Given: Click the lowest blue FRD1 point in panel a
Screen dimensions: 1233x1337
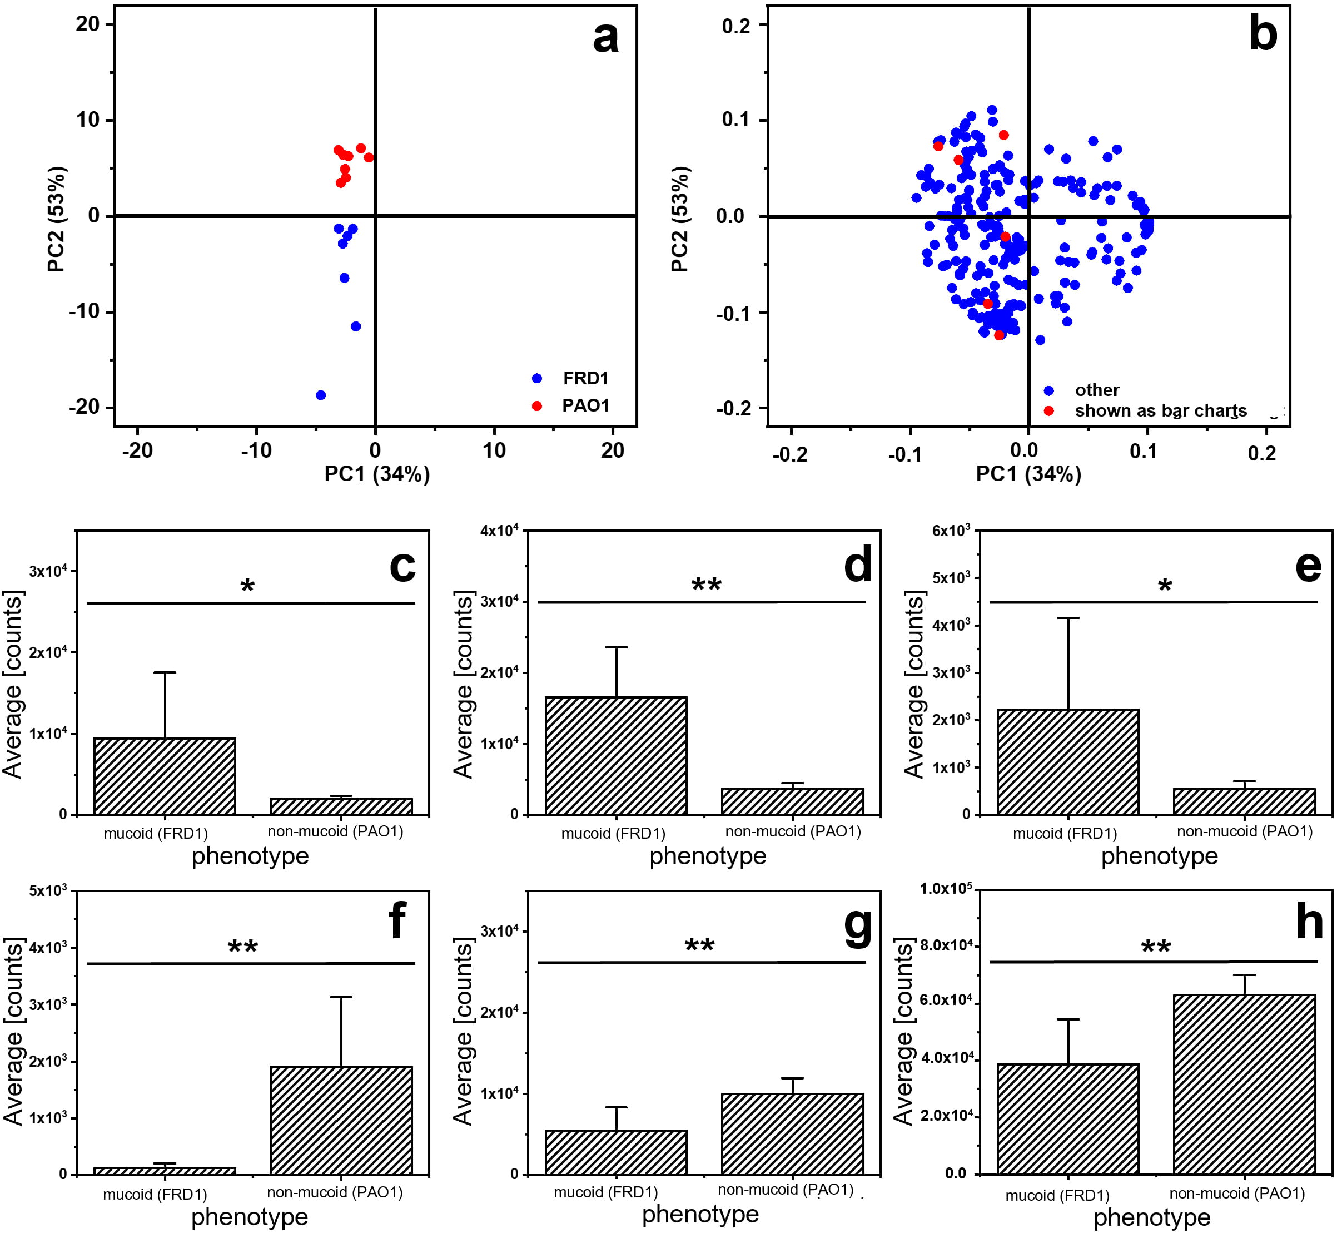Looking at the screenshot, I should coord(321,395).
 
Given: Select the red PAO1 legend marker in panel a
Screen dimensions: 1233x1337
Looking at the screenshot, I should coord(537,405).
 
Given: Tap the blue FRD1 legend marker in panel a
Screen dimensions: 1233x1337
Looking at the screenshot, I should coord(537,378).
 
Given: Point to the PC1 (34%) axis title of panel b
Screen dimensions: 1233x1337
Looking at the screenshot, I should coord(1028,474).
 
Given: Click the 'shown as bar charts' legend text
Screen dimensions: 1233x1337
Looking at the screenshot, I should coord(1160,411).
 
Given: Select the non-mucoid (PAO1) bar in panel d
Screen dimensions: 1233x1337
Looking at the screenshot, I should coord(792,801).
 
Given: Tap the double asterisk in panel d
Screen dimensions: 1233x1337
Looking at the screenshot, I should coord(706,586).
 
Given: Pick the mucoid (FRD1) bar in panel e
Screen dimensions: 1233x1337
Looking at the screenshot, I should coord(1067,762).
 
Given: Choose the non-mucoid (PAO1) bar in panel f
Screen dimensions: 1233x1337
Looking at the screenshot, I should coord(341,1120).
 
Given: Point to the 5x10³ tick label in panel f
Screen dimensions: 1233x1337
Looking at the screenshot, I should coord(48,891).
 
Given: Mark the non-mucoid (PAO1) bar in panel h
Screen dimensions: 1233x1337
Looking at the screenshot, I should coord(1244,1084).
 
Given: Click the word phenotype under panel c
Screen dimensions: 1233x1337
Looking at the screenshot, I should coord(250,856).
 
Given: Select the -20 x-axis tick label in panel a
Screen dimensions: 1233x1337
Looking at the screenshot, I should coord(137,451).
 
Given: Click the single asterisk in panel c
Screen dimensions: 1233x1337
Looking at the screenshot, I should coord(247,587).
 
